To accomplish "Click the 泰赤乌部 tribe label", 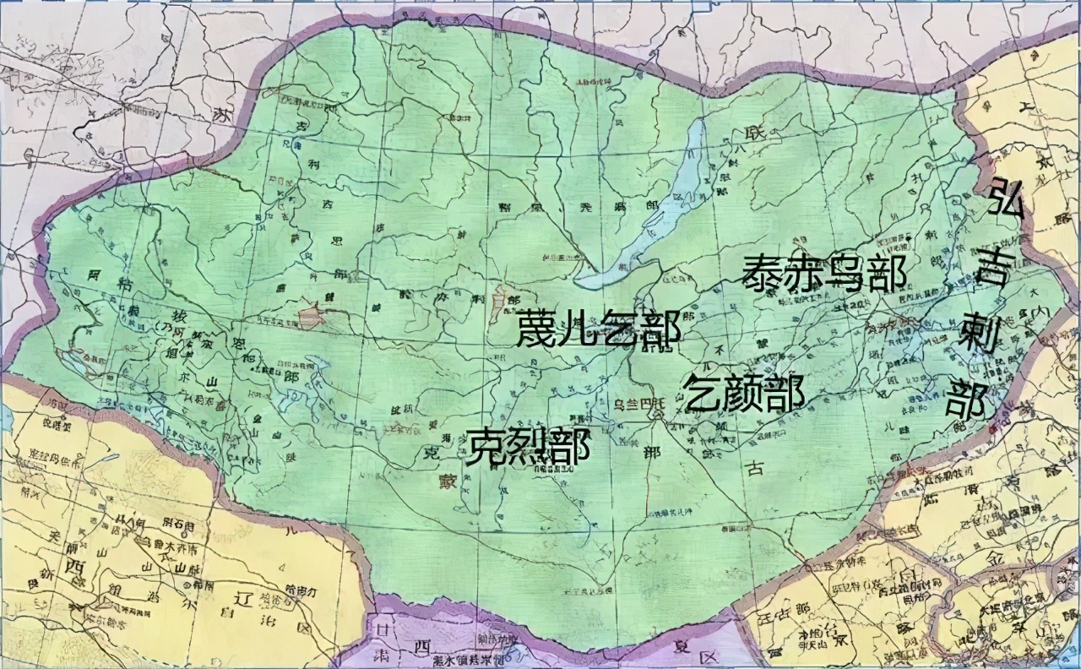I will coord(824,274).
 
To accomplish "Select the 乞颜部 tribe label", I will coord(743,394).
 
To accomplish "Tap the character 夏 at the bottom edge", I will coord(683,650).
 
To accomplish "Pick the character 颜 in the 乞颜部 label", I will coord(743,394).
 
